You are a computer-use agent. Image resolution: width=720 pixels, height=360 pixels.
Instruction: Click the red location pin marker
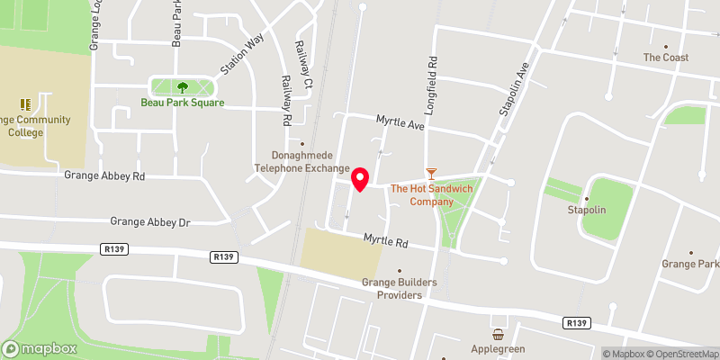[360, 179]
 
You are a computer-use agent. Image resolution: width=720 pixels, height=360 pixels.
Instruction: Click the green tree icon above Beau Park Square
[183, 87]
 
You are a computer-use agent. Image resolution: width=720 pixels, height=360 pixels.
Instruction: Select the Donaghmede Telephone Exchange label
[301, 162]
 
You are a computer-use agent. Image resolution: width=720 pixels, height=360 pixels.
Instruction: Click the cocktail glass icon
[431, 172]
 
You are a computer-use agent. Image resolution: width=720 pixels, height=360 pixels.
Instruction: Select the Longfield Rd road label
[433, 80]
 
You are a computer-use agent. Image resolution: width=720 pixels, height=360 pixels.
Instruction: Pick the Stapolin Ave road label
[511, 87]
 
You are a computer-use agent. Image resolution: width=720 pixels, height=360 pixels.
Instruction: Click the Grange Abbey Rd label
[104, 176]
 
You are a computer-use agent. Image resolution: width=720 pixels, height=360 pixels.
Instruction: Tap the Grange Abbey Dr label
[150, 220]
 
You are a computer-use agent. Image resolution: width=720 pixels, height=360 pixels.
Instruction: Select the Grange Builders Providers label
[400, 288]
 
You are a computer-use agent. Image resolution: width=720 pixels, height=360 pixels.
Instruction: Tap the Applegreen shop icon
[497, 334]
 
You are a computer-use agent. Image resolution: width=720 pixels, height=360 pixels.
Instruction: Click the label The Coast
[666, 58]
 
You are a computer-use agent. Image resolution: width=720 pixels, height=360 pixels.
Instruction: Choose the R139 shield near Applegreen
[576, 322]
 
